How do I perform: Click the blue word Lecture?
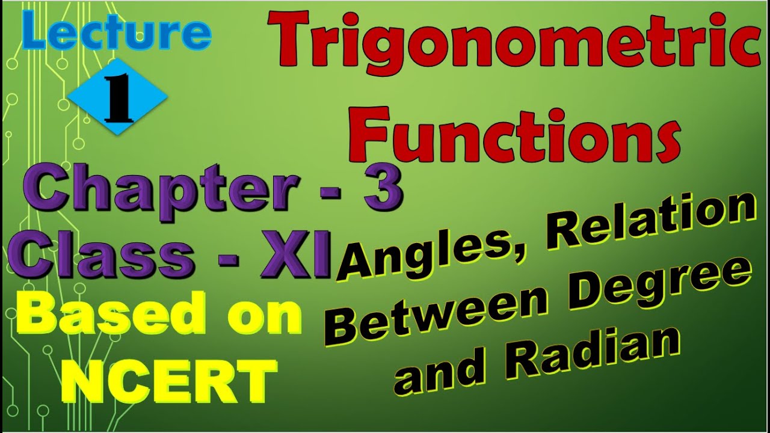[x=116, y=31]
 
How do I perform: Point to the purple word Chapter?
[x=162, y=192]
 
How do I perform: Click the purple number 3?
[x=383, y=187]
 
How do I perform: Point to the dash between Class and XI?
[x=228, y=259]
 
